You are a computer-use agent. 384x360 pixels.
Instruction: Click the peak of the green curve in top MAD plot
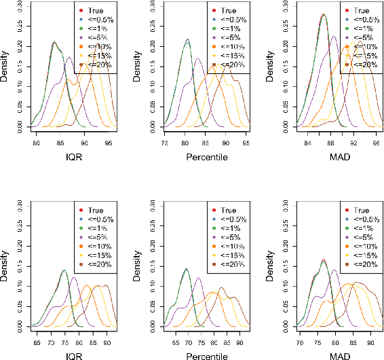(324, 14)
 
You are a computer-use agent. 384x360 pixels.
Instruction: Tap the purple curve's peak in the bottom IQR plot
(73, 277)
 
